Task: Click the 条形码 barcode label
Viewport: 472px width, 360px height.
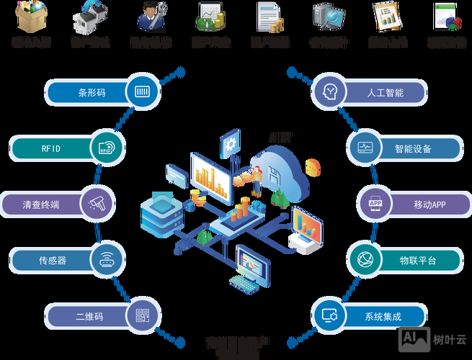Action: (92, 92)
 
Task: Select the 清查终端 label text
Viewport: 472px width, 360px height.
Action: (40, 204)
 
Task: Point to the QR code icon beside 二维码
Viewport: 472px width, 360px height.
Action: (141, 315)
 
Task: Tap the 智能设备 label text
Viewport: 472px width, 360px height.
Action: (413, 148)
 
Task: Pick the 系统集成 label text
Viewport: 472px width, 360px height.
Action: (383, 316)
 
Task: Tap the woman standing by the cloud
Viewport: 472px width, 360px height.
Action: (257, 180)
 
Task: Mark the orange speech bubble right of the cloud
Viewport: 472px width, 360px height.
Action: (313, 167)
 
